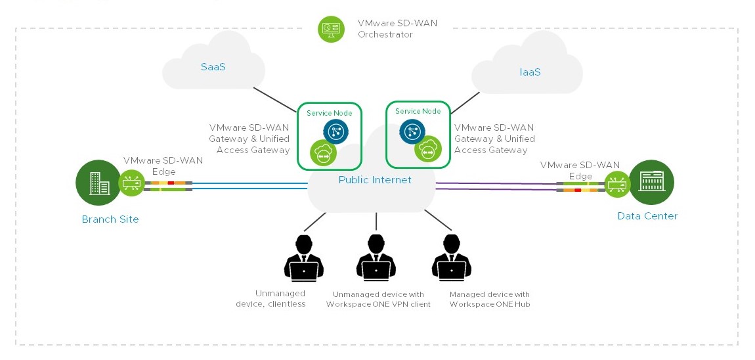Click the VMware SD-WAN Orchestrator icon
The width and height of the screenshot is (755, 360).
coord(331,29)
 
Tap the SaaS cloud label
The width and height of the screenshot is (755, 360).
coord(213,67)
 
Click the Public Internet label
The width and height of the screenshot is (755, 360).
coord(375,180)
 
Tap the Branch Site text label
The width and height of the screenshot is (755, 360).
coord(110,219)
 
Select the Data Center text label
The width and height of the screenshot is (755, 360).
coord(647,216)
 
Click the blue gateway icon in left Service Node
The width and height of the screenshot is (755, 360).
coord(335,131)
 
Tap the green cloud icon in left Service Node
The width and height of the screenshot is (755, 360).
coord(323,152)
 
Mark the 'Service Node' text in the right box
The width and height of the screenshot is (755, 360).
coord(418,111)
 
